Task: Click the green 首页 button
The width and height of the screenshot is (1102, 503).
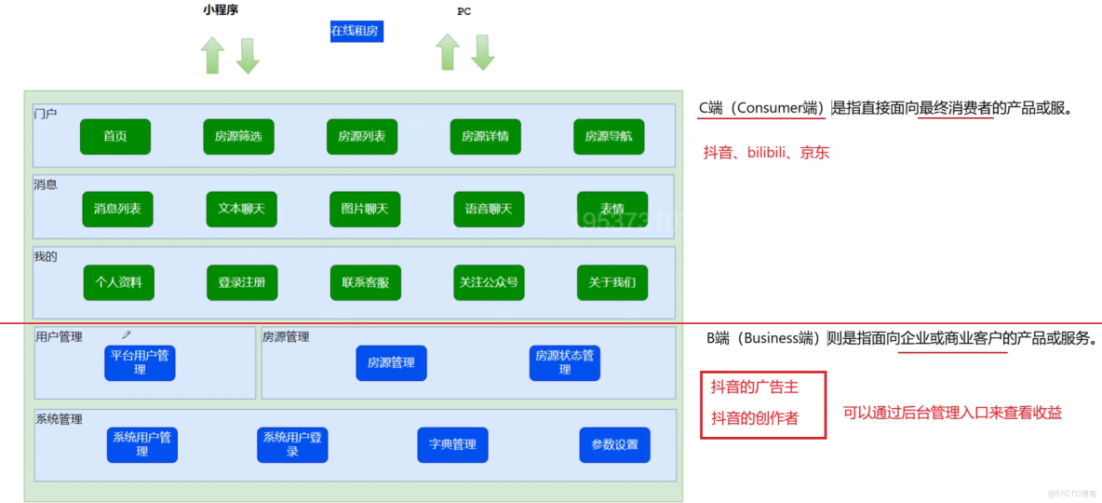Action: pos(114,136)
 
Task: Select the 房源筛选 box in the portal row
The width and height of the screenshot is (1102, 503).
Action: pos(238,136)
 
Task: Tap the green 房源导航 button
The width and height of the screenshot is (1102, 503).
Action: pos(609,136)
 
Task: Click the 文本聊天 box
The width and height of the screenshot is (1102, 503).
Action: pos(241,209)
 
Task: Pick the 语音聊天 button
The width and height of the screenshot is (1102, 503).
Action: pos(489,209)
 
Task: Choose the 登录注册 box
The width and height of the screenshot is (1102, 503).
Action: pos(242,282)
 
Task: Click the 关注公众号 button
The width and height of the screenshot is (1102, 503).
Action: pos(489,282)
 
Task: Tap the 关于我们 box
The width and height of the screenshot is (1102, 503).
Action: pos(612,282)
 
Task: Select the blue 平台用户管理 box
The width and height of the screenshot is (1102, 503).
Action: pos(140,362)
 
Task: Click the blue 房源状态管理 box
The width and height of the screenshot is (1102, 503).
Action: pos(565,362)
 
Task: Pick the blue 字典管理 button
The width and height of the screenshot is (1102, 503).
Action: pos(452,444)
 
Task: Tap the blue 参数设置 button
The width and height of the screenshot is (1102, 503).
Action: pos(614,444)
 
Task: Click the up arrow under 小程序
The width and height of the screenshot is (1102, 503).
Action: pos(213,54)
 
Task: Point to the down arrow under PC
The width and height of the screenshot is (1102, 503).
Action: pos(482,52)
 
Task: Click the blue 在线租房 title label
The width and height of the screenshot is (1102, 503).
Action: pos(356,31)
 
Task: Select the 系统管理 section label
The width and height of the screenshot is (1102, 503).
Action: pos(59,419)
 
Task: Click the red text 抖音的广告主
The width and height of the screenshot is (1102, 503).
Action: pos(755,387)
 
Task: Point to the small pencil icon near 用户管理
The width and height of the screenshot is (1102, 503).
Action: pos(126,334)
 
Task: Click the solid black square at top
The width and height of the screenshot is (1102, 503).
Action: pos(311,34)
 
